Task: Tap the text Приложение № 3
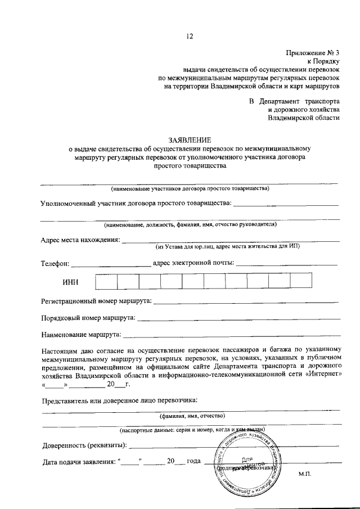[313, 52]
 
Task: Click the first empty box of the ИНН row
[106, 281]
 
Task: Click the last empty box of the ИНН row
[301, 281]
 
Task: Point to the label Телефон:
[55, 263]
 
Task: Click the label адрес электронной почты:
[193, 263]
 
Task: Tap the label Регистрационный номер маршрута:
[96, 301]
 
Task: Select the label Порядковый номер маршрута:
[88, 318]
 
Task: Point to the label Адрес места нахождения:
[80, 240]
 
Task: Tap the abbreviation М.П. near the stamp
[305, 474]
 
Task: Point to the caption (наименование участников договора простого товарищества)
[190, 188]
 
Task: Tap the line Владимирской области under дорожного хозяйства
[304, 118]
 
